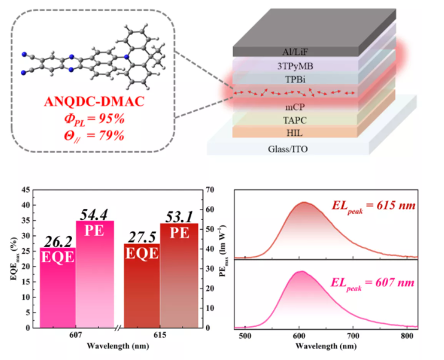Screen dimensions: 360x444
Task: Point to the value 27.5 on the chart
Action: tap(141, 235)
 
